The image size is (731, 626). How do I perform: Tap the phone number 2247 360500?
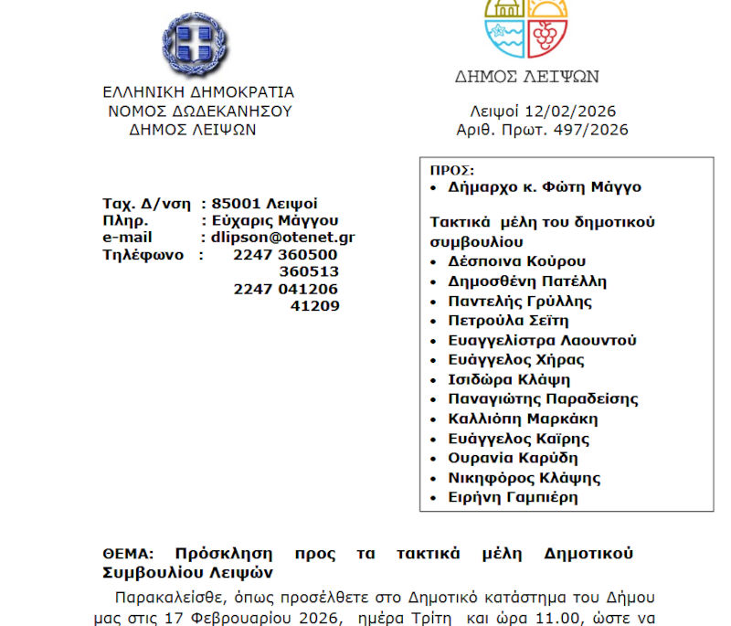click(285, 254)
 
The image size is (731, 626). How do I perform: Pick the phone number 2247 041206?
click(285, 289)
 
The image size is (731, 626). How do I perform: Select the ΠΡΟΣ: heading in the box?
click(452, 170)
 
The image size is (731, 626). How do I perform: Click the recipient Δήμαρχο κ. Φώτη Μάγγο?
click(545, 187)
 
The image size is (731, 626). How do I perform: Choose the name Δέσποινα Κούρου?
click(517, 261)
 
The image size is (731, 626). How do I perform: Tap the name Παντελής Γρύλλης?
click(520, 301)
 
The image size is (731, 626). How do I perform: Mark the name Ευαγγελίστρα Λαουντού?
click(542, 340)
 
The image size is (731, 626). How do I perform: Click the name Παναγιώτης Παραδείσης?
click(543, 398)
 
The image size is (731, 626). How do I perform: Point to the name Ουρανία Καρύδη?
click(513, 458)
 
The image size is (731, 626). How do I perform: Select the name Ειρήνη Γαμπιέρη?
click(513, 497)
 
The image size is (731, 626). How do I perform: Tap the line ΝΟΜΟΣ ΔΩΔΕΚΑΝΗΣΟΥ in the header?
click(199, 111)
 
